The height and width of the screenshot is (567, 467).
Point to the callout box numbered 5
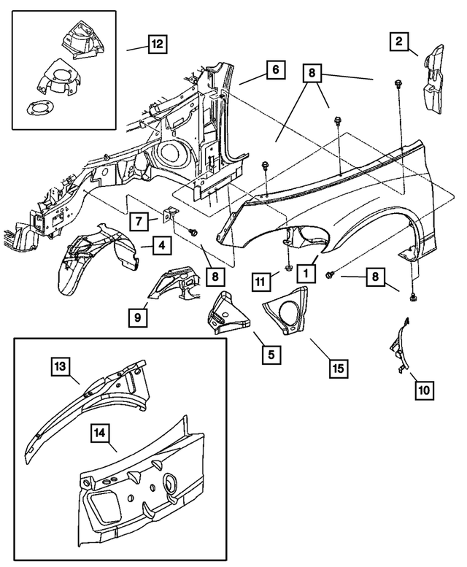tap(271, 355)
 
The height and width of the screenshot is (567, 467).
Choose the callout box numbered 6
tap(274, 71)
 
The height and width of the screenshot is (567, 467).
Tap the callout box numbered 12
tap(157, 43)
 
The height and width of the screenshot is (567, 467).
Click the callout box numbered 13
tap(61, 366)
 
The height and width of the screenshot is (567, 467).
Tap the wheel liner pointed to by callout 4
tap(91, 259)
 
